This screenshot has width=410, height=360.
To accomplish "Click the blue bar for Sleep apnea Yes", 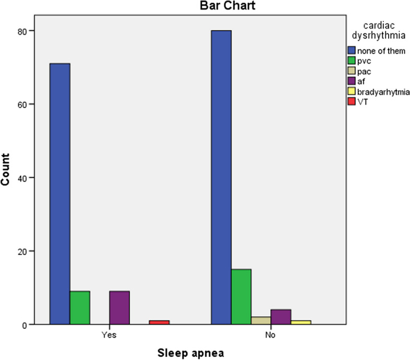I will click(59, 194).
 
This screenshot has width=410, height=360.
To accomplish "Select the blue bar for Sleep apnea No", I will click(221, 177).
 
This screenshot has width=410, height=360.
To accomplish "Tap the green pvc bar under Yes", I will click(80, 308).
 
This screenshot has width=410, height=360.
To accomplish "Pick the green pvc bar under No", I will click(241, 296).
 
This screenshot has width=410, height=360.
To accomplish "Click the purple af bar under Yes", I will click(119, 308).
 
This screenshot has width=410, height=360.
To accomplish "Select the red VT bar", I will click(159, 322).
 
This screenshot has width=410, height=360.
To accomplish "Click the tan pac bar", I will click(261, 320).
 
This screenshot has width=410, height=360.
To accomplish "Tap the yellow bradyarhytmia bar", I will click(301, 322).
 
